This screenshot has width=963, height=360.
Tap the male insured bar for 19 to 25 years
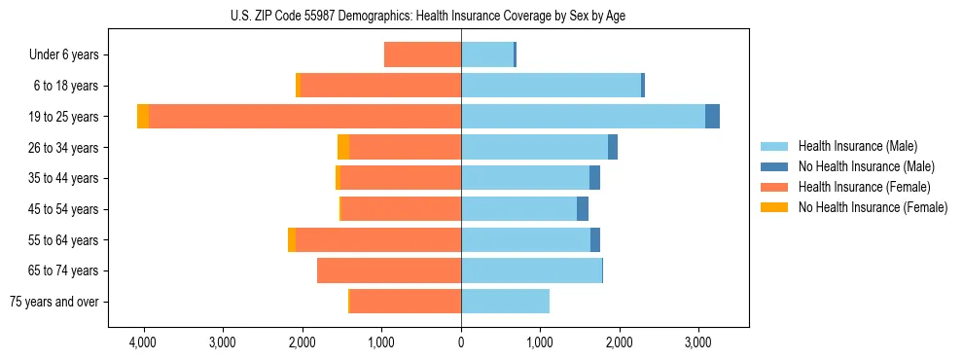point(583,117)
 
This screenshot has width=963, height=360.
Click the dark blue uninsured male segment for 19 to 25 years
point(712,117)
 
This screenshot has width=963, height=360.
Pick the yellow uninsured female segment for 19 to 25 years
point(143,117)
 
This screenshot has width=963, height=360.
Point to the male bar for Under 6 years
point(486,54)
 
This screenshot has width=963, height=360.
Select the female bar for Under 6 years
point(422,54)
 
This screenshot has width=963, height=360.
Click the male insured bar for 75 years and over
point(505,302)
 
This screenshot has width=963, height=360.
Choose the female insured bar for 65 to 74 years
point(389,270)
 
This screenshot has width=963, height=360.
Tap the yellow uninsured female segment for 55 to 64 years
point(292,240)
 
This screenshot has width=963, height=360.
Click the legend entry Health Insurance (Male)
point(857,146)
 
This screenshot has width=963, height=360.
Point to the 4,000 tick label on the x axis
point(143,342)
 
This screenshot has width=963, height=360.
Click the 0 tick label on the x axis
point(461,342)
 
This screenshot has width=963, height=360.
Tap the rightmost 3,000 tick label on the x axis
point(698,342)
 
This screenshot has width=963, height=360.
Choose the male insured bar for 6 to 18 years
point(551,86)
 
